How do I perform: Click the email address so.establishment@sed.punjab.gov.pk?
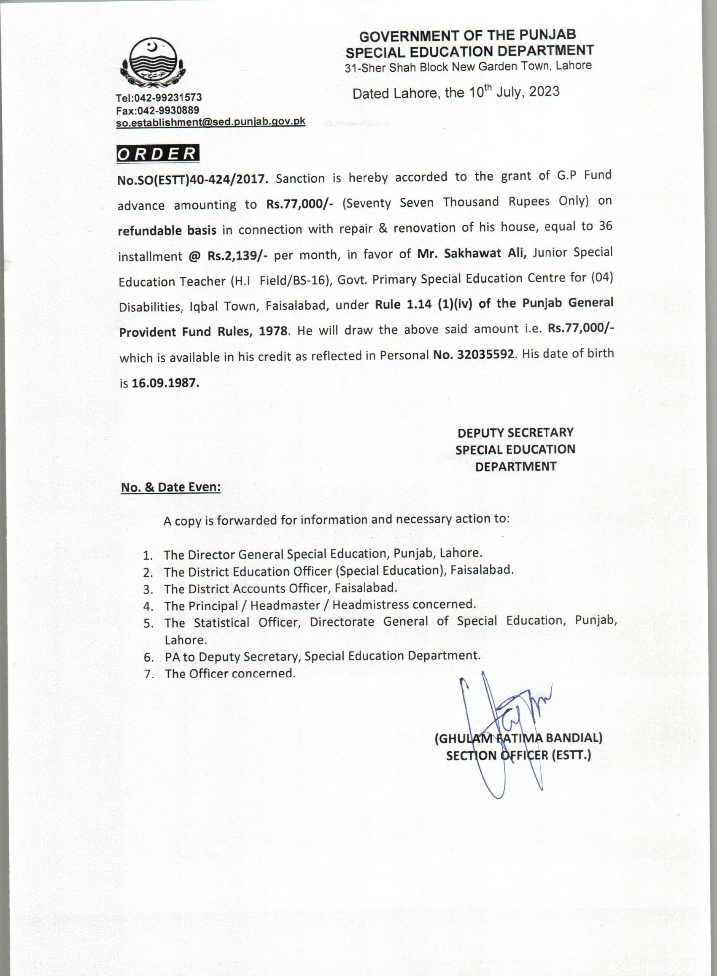210,122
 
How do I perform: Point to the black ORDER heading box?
158,154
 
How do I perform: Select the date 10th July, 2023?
514,92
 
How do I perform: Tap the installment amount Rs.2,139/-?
237,255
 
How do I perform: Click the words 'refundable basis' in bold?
167,230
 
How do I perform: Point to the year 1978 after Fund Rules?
273,331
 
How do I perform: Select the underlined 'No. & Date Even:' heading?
170,487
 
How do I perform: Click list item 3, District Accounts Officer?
280,588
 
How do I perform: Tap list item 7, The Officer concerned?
229,673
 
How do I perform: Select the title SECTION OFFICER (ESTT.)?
518,755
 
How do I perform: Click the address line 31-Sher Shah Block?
468,67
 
